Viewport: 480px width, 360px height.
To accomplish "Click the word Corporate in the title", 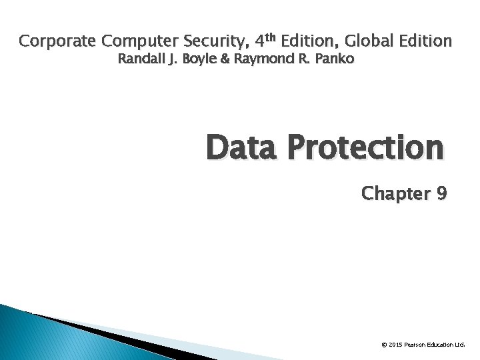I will coord(59,41).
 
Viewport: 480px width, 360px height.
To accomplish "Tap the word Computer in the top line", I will coord(136,41).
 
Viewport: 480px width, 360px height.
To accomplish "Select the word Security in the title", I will coord(209,41).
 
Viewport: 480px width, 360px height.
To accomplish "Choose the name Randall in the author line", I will coord(141,59).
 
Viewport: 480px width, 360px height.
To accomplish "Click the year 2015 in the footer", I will coord(395,345).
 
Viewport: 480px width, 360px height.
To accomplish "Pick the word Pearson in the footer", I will coord(417,345).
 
